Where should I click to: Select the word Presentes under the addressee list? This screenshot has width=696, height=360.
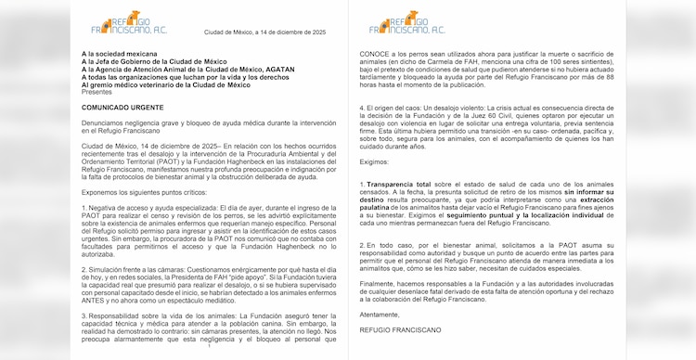click(x=97, y=92)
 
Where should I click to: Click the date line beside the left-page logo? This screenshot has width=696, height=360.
click(x=261, y=32)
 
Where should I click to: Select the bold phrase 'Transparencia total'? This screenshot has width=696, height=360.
click(x=394, y=184)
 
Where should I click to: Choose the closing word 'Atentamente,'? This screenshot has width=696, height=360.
click(x=380, y=314)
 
